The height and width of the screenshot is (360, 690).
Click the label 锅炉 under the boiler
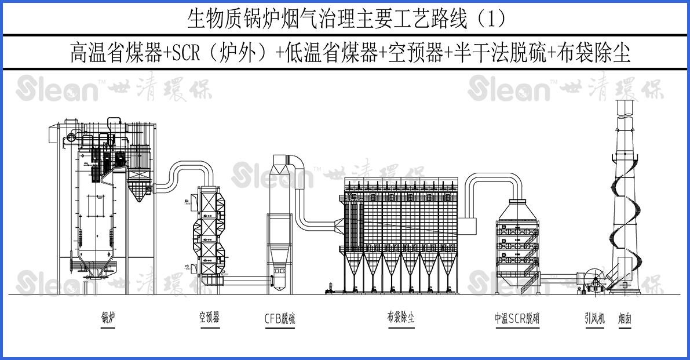point(108,317)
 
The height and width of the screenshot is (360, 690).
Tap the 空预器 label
point(209,317)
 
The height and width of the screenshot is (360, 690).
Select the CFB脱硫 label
point(280,318)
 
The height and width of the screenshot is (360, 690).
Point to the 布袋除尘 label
point(401,317)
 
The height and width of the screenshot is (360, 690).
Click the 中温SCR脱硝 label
point(517,318)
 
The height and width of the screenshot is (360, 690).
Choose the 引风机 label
point(594,318)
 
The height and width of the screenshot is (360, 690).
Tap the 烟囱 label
point(625,318)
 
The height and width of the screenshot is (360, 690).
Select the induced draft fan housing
point(592,281)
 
